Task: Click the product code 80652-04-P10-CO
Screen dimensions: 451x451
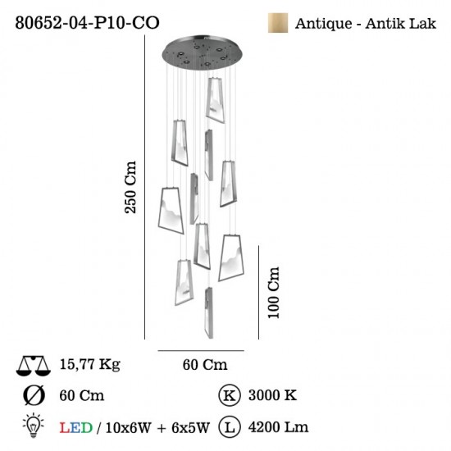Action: tap(87, 22)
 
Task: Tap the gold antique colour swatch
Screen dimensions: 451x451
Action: tap(278, 23)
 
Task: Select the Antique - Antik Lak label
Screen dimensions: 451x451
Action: tap(365, 24)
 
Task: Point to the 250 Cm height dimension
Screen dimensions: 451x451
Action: tap(130, 187)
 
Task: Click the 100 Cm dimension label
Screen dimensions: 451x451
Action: tap(273, 293)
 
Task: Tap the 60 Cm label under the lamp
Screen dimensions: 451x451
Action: tap(205, 365)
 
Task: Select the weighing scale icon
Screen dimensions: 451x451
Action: tap(34, 366)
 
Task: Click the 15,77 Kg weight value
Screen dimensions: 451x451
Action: tap(89, 364)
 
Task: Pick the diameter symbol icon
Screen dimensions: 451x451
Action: tap(34, 395)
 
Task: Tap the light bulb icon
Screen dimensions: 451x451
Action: tap(34, 426)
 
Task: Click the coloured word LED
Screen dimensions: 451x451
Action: tap(76, 428)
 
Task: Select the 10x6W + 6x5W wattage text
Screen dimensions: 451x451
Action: tap(158, 428)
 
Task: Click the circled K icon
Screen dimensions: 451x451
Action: tap(230, 395)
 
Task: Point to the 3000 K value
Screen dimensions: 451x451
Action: tap(272, 395)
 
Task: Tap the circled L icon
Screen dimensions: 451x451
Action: tap(230, 427)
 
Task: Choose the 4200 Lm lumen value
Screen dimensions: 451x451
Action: tap(278, 427)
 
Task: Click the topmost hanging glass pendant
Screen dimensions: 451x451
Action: tap(215, 100)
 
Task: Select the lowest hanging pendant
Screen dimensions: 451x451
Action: tap(209, 312)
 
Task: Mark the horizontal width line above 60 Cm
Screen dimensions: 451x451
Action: tap(201, 351)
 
